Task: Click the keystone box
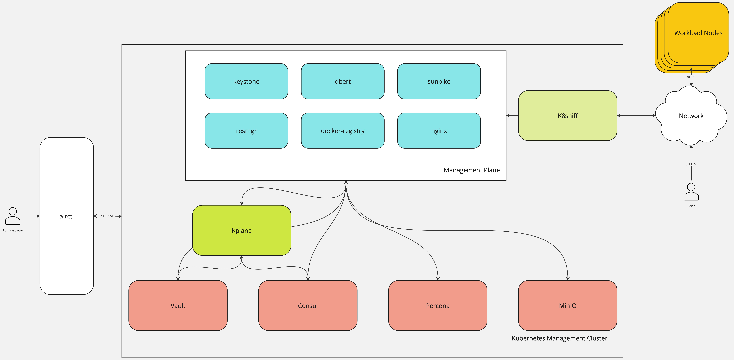(x=246, y=81)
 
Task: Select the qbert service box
(x=342, y=81)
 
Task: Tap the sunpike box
(x=439, y=81)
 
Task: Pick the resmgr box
(x=246, y=131)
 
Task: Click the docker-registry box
(x=342, y=131)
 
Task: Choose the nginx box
(x=439, y=131)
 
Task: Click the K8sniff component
(x=568, y=116)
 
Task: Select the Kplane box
(x=242, y=230)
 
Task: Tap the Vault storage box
(x=178, y=306)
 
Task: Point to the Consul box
(x=308, y=306)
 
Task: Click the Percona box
(x=438, y=306)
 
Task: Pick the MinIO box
(x=568, y=306)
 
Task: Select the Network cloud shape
(x=691, y=116)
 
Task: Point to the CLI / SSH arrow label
(x=107, y=216)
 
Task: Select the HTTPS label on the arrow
(x=691, y=164)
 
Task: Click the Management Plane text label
(x=472, y=170)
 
